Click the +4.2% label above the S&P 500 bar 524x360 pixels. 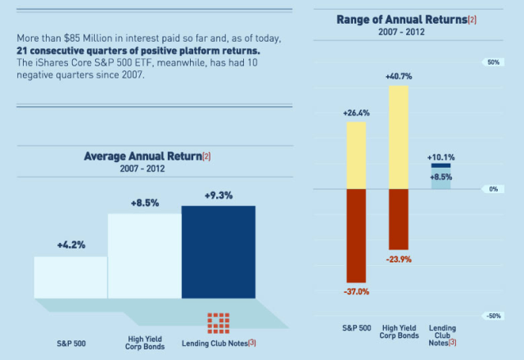coord(71,244)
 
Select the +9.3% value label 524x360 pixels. coord(218,196)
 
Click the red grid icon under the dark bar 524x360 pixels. coord(219,322)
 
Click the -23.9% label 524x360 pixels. coord(399,259)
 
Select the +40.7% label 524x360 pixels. coord(399,76)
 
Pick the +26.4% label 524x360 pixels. coord(356,113)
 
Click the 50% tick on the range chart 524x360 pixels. coord(493,62)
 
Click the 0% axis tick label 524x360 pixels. coord(493,189)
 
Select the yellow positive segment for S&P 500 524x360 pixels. coord(356,155)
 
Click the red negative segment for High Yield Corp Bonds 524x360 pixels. coord(399,219)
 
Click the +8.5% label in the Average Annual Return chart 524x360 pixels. coord(145,201)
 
